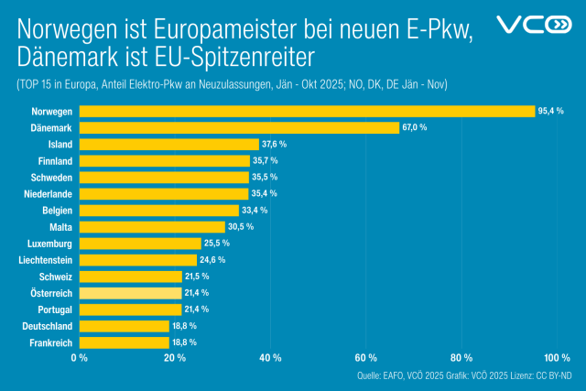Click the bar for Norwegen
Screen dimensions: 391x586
[x=307, y=111]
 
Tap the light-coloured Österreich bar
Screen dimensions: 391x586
[x=130, y=293]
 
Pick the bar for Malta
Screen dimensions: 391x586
[x=152, y=226]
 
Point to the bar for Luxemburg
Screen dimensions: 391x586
[x=140, y=243]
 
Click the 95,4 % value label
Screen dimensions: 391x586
[x=551, y=111]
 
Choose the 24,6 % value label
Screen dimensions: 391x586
[x=213, y=260]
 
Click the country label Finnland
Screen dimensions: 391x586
[x=53, y=160]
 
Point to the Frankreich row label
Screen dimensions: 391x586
[x=48, y=342]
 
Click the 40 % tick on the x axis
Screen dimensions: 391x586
[x=270, y=357]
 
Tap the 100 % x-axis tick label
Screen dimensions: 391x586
[x=556, y=357]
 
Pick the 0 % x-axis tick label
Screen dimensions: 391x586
[x=80, y=357]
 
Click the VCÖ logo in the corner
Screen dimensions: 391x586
[x=533, y=25]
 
